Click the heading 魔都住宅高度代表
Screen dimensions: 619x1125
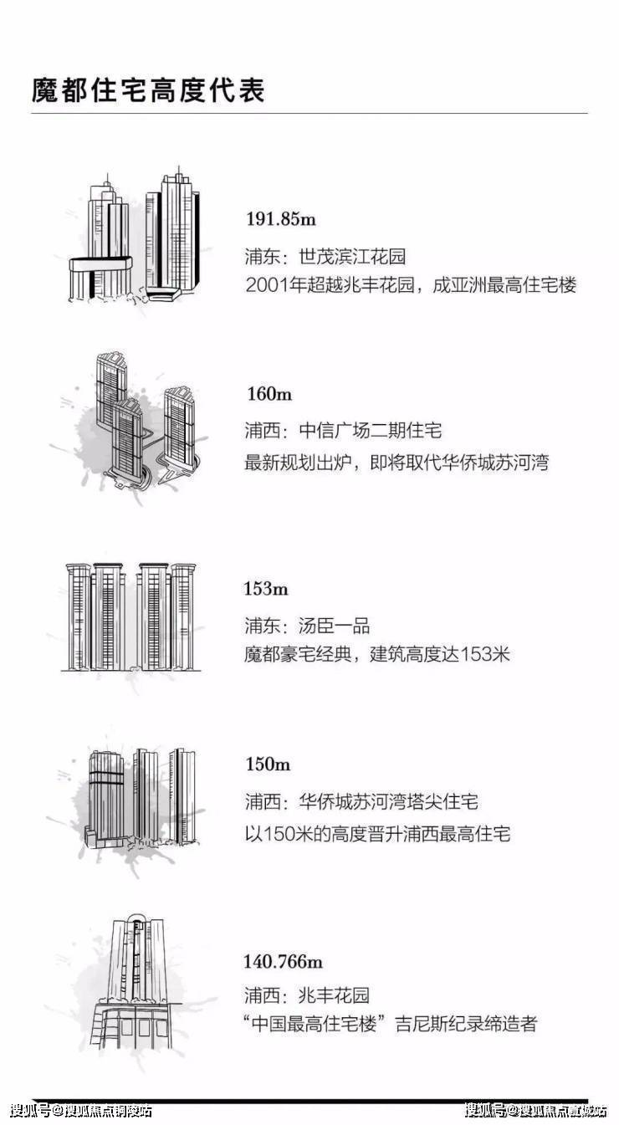[x=148, y=90]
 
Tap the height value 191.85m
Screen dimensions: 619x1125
[x=281, y=219]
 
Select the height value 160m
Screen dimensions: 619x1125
[x=269, y=394]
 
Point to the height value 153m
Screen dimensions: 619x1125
[x=266, y=589]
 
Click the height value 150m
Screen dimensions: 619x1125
[x=268, y=764]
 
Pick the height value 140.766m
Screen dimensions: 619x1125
[x=283, y=962]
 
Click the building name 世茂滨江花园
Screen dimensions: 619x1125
[x=352, y=257]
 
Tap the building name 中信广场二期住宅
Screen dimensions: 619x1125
[x=371, y=431]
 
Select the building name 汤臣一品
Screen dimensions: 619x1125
[x=334, y=626]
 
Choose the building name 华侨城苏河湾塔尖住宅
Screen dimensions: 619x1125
[x=388, y=801]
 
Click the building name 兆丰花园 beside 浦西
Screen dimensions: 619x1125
[x=334, y=995]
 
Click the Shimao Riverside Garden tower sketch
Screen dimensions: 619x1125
[x=135, y=235]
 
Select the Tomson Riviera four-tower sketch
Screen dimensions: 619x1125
[x=131, y=616]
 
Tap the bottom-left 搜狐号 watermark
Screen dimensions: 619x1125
[x=81, y=1111]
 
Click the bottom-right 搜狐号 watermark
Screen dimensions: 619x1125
[x=535, y=1111]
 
